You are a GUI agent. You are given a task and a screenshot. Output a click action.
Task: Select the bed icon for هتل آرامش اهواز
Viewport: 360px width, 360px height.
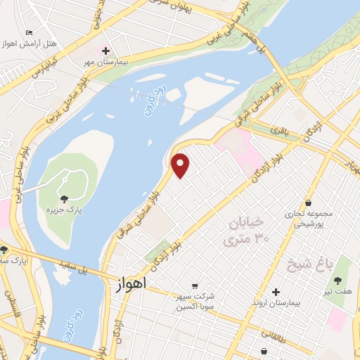(x=29, y=33)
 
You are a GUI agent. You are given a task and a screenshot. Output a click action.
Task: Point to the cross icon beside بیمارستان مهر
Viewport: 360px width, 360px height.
(x=105, y=51)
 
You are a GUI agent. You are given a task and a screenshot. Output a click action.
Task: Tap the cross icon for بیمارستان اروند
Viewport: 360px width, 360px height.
(x=276, y=292)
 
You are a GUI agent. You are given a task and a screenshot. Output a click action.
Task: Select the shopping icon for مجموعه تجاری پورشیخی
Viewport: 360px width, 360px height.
(x=309, y=203)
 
